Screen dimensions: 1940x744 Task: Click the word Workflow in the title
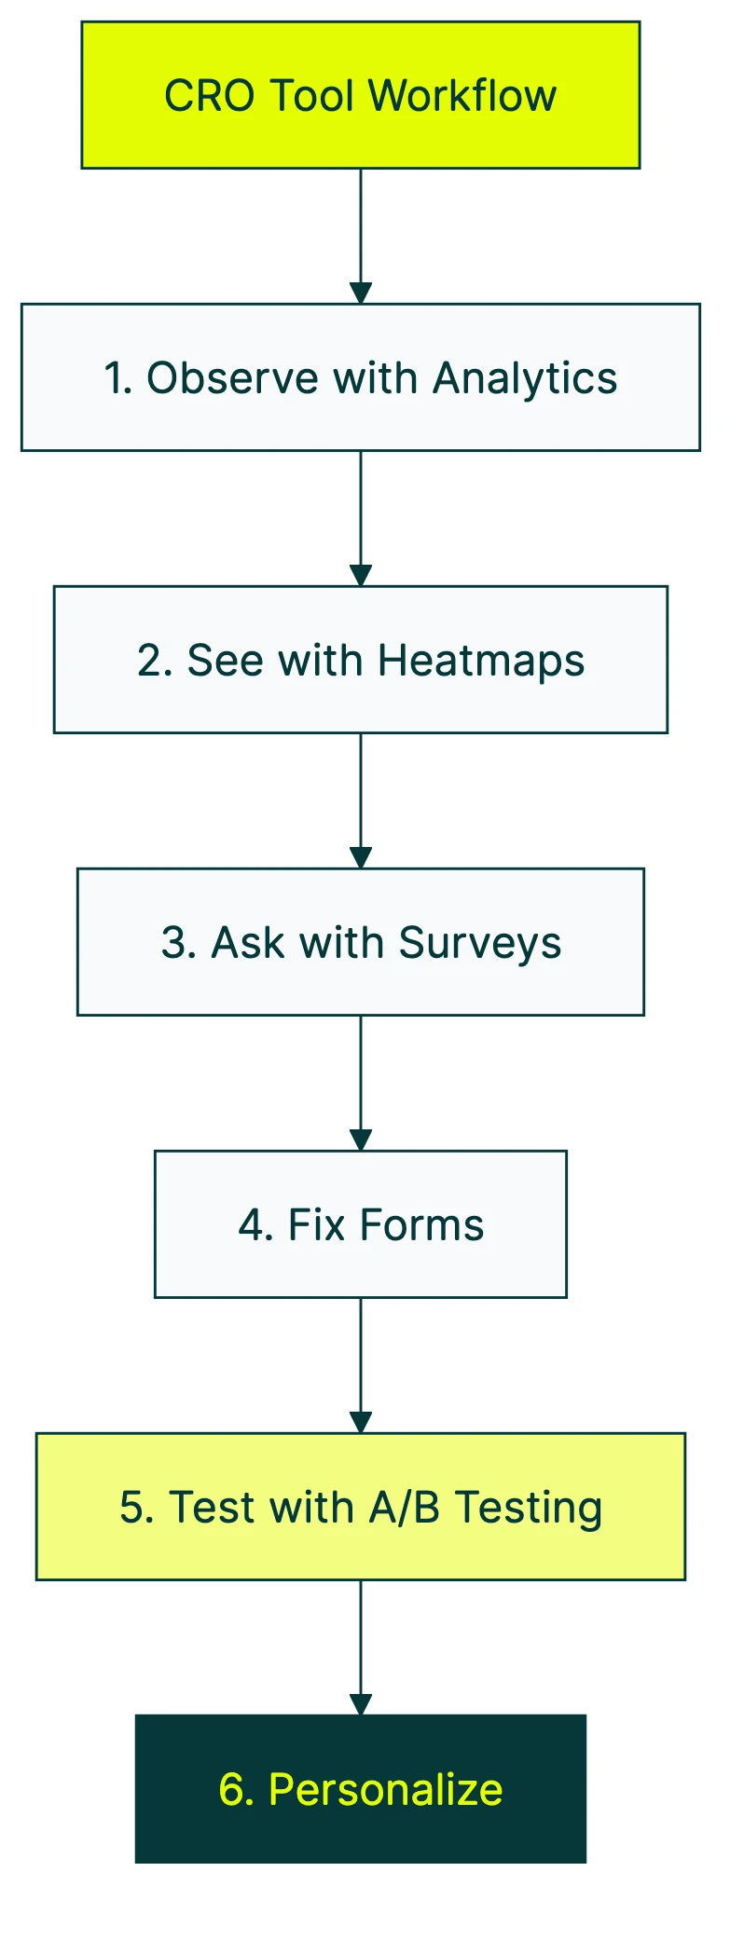point(462,96)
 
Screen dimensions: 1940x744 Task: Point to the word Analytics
point(524,379)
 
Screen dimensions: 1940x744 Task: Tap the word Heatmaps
point(481,662)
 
